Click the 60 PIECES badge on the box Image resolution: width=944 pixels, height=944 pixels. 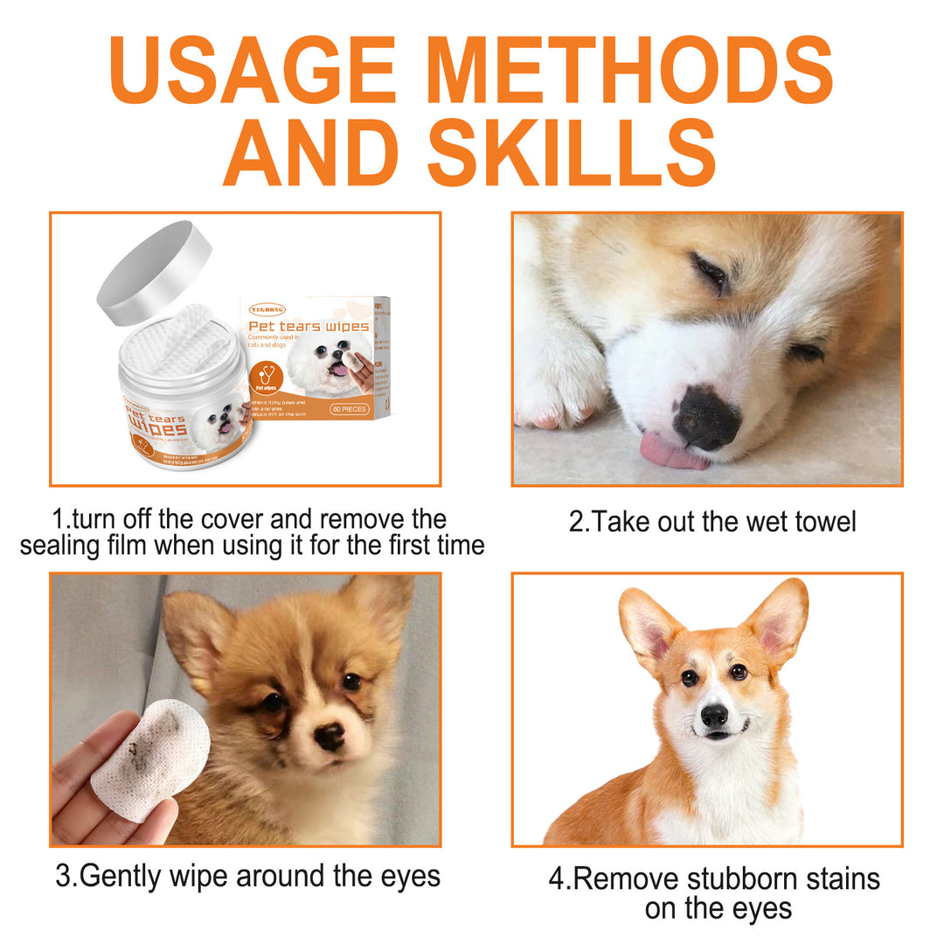pos(351,408)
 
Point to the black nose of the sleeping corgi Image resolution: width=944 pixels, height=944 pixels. pos(706,417)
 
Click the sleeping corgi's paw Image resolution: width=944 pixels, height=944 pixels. pos(559,385)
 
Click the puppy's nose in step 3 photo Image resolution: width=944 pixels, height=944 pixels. pos(330,737)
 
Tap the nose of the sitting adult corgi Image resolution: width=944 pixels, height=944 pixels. pos(714,716)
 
